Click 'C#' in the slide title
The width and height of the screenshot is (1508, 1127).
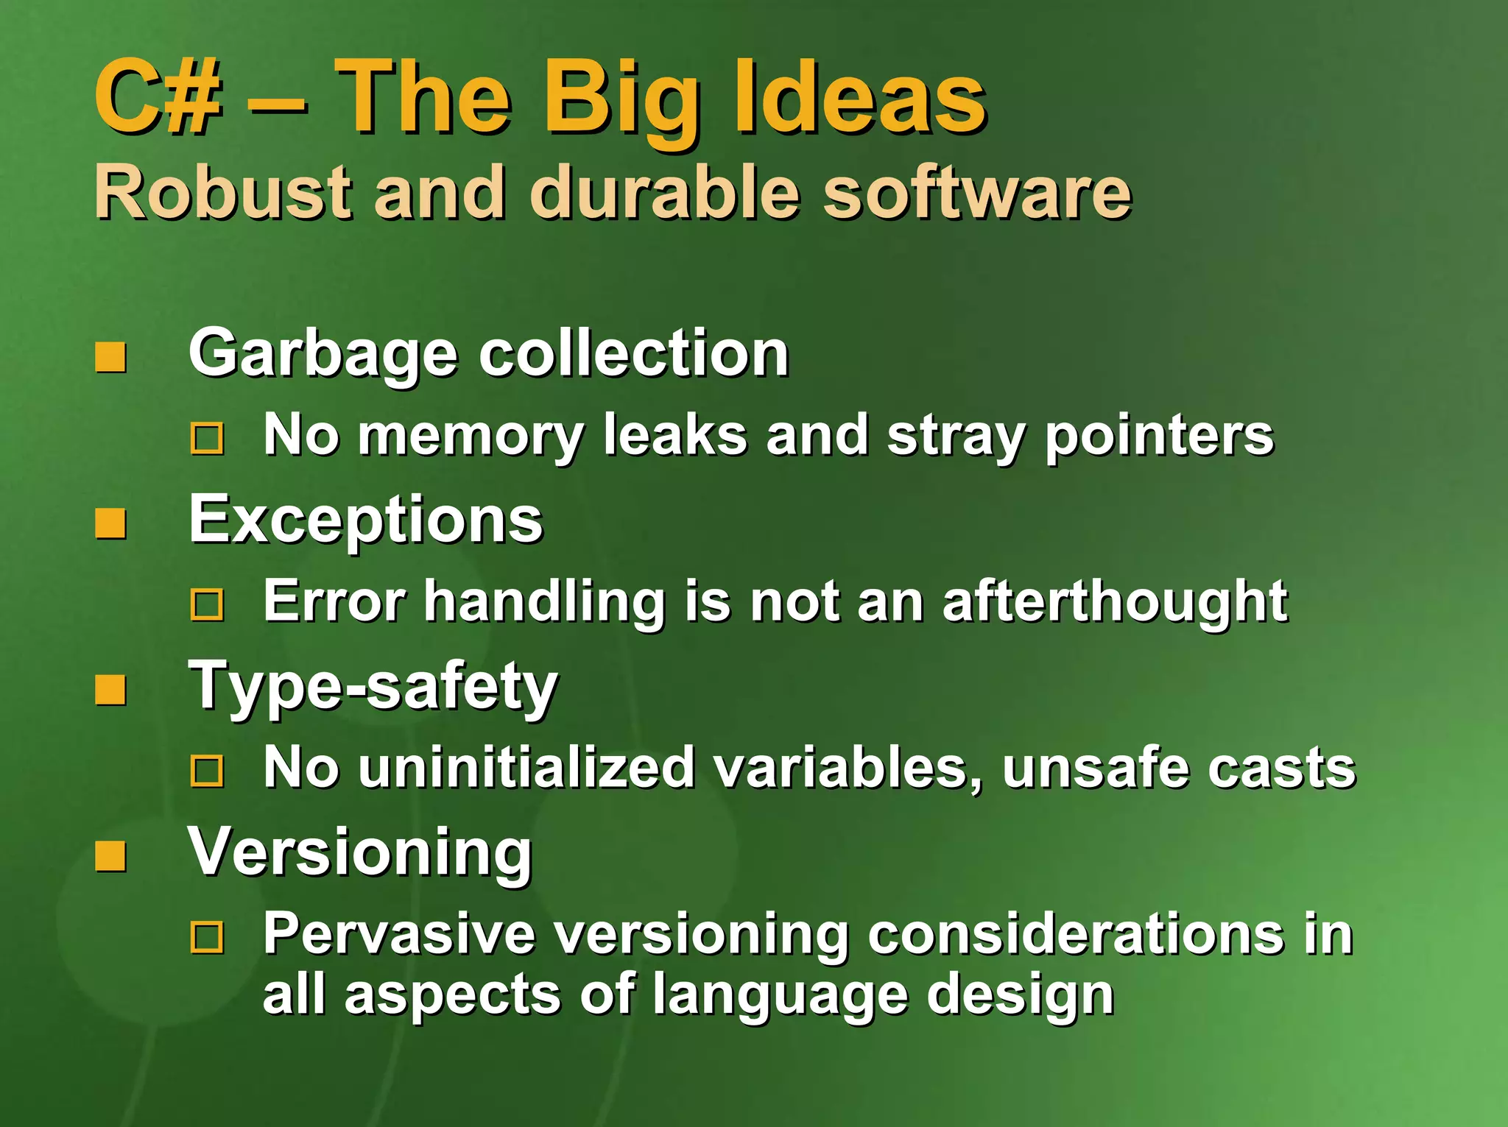click(157, 98)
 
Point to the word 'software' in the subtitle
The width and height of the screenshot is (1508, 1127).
click(976, 193)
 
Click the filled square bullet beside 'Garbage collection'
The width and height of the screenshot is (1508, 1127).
click(110, 358)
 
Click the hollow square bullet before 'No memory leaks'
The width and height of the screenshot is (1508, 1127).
click(207, 439)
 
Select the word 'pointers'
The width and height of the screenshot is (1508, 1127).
click(1159, 436)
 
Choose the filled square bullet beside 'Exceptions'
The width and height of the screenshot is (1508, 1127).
click(110, 524)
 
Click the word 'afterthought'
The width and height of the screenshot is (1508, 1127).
click(1115, 601)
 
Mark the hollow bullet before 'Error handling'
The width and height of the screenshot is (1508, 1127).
click(207, 605)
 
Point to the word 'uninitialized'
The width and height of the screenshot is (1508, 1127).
click(526, 768)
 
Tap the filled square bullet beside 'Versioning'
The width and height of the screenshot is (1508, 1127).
click(110, 857)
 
